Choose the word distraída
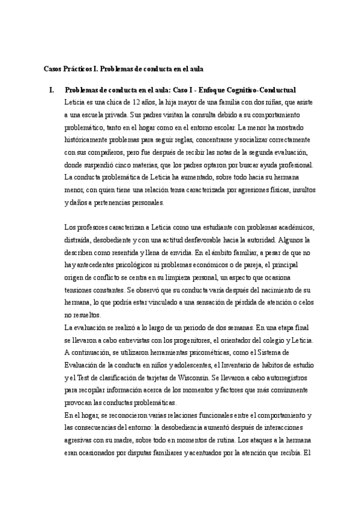pyautogui.click(x=80, y=241)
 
